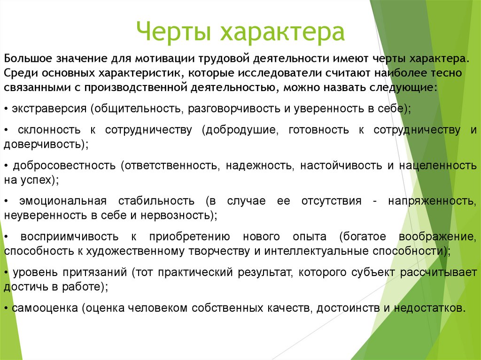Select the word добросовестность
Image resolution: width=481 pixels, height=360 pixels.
click(x=64, y=166)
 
